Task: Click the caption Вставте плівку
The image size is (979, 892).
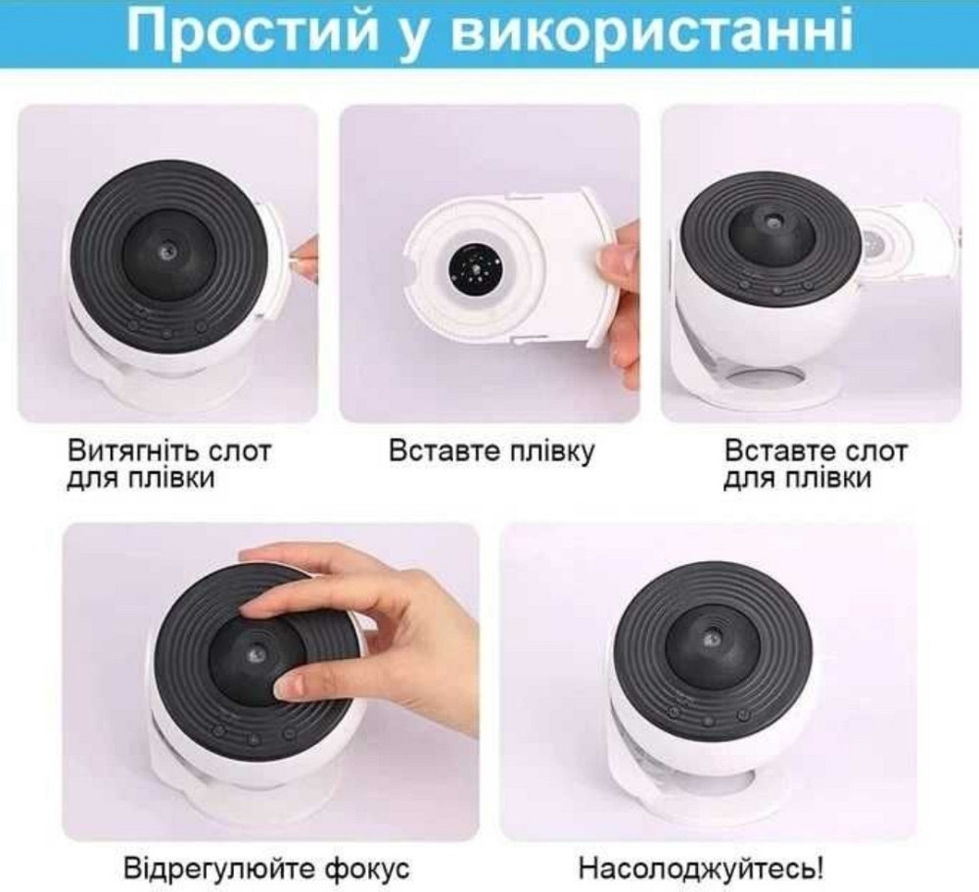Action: tap(491, 451)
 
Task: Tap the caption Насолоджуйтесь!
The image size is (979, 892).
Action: tap(700, 868)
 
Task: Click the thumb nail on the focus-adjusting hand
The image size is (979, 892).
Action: tap(292, 686)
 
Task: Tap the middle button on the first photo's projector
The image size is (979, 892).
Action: tap(166, 332)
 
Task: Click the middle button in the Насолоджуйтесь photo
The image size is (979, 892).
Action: tap(708, 723)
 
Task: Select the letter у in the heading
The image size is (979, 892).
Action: tap(413, 37)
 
